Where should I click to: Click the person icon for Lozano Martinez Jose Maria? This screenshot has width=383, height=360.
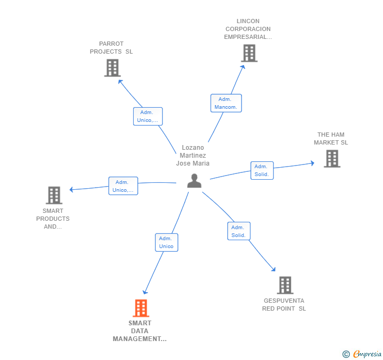coord(194,181)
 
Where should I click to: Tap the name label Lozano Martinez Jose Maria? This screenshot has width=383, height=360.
coord(193,156)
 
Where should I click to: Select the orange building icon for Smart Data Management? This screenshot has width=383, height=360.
coord(140,308)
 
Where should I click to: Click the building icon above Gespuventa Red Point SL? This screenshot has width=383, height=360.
coord(285,285)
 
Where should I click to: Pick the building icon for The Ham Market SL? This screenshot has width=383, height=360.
coord(331,159)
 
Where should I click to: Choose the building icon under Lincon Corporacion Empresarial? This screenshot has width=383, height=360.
coord(249,53)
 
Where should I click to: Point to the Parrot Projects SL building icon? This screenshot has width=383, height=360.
coord(112,68)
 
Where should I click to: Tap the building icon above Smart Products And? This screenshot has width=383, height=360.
coord(54,195)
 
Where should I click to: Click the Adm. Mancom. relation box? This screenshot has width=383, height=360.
coord(226,103)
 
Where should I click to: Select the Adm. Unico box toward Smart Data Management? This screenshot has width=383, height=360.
coord(166,242)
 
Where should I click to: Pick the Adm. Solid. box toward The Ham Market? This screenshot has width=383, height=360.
coord(261,170)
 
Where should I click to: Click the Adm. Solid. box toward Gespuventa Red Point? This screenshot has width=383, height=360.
coord(238,231)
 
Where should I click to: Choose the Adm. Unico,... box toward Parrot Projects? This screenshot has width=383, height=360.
coord(147,116)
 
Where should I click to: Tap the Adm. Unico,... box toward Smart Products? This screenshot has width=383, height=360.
coord(123,186)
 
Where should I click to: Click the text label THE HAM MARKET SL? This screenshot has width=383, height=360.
coord(331,139)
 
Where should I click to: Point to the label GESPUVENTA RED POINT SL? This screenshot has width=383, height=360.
coord(284,305)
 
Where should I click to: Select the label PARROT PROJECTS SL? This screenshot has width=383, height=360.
coord(111,48)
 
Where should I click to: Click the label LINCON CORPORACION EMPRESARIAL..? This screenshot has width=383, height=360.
coord(248,29)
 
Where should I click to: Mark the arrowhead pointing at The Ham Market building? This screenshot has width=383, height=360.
coord(312,163)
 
